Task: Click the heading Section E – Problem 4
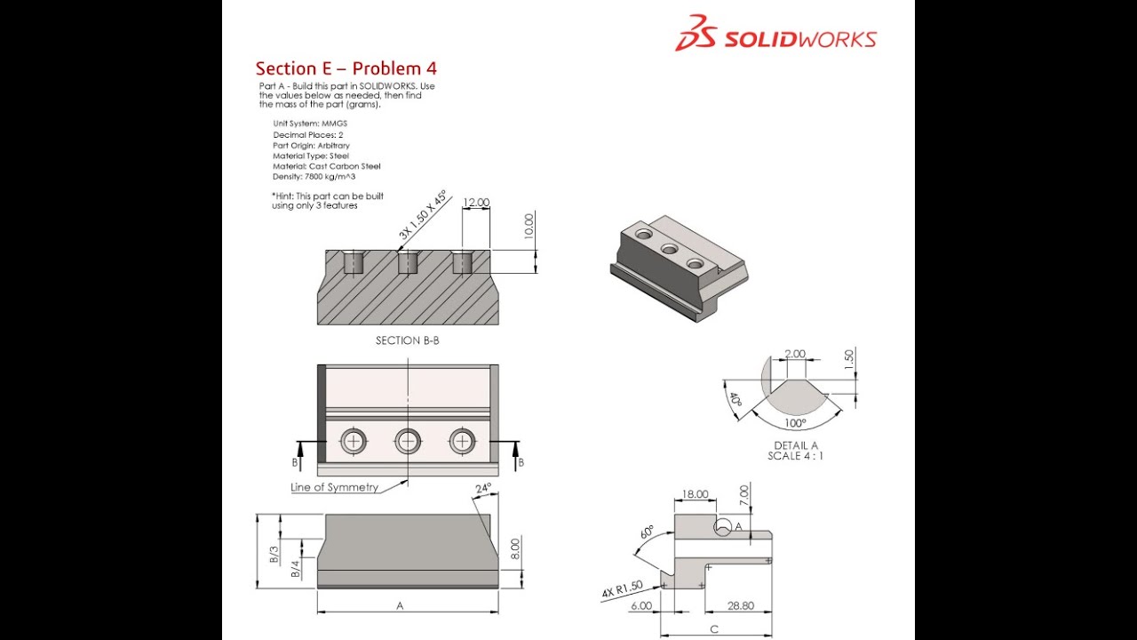346,68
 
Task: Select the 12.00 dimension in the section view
475,203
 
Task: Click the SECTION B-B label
407,340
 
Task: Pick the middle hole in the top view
408,440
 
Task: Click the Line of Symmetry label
334,487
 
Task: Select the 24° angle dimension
482,489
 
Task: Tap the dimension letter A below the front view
400,605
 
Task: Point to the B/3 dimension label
274,555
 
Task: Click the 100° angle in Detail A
794,423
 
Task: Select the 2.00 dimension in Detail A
795,354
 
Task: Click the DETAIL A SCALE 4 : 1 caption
795,451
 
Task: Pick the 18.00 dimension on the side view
695,494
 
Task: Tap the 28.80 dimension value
740,605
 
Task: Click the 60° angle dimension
646,534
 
